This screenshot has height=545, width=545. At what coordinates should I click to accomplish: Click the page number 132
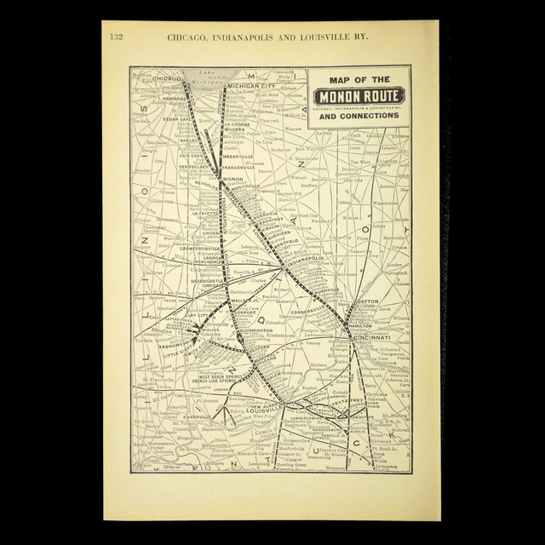coord(117,37)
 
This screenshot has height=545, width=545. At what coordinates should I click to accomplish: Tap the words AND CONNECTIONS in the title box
coord(359,116)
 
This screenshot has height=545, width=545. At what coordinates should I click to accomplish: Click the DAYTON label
coord(369,301)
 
